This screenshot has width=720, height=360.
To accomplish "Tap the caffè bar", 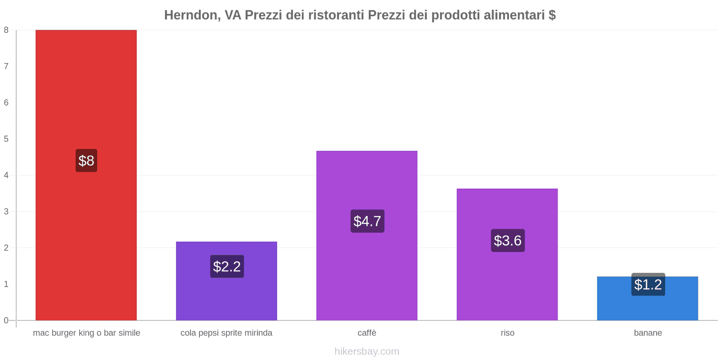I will (x=367, y=180).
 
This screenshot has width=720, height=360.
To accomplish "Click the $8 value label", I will (x=86, y=161).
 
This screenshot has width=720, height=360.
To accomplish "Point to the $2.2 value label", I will (x=227, y=266).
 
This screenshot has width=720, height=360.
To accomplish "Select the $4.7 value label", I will (x=367, y=221).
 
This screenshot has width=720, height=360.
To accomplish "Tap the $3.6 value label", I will (x=508, y=240).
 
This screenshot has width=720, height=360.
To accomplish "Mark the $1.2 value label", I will (x=648, y=284).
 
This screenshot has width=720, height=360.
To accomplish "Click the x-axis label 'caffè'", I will (x=367, y=333).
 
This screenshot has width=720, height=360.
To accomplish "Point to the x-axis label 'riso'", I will (x=507, y=333).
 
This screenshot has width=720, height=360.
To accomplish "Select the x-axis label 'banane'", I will (x=648, y=333).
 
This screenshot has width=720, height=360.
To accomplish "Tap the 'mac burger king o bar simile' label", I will (x=86, y=333).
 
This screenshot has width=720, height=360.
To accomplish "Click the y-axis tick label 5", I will (x=6, y=139).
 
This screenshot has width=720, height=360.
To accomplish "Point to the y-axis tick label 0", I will (x=6, y=320).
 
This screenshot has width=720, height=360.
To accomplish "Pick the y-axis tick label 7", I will (x=6, y=67).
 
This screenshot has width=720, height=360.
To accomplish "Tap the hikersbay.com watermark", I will (x=367, y=351).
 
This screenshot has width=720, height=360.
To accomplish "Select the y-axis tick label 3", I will (x=6, y=211).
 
